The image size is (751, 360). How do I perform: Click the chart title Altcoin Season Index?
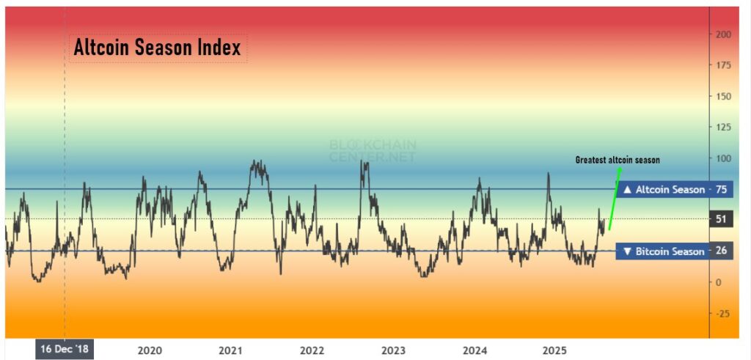158,48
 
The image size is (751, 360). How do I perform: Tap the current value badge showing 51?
721,218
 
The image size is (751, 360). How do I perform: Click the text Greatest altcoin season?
618,159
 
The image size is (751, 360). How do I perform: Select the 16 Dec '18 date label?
64,349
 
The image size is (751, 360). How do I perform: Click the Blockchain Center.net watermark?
372,151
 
